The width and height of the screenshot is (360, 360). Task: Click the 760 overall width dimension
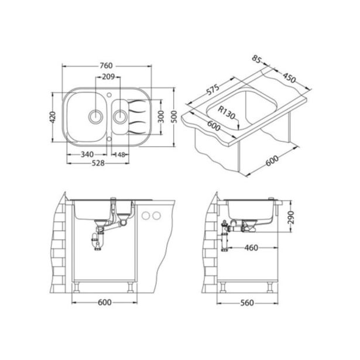click(x=106, y=66)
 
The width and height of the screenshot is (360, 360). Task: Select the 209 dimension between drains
click(x=108, y=77)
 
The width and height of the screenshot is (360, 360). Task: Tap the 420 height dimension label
click(x=53, y=117)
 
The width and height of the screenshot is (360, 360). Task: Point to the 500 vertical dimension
click(x=174, y=116)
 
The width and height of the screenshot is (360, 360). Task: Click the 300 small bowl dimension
click(x=161, y=116)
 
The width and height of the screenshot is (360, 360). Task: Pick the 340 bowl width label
click(x=87, y=155)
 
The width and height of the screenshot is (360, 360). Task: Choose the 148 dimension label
click(x=119, y=155)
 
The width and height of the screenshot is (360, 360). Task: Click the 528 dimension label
click(x=98, y=163)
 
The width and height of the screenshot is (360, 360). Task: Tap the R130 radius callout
click(x=227, y=112)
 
